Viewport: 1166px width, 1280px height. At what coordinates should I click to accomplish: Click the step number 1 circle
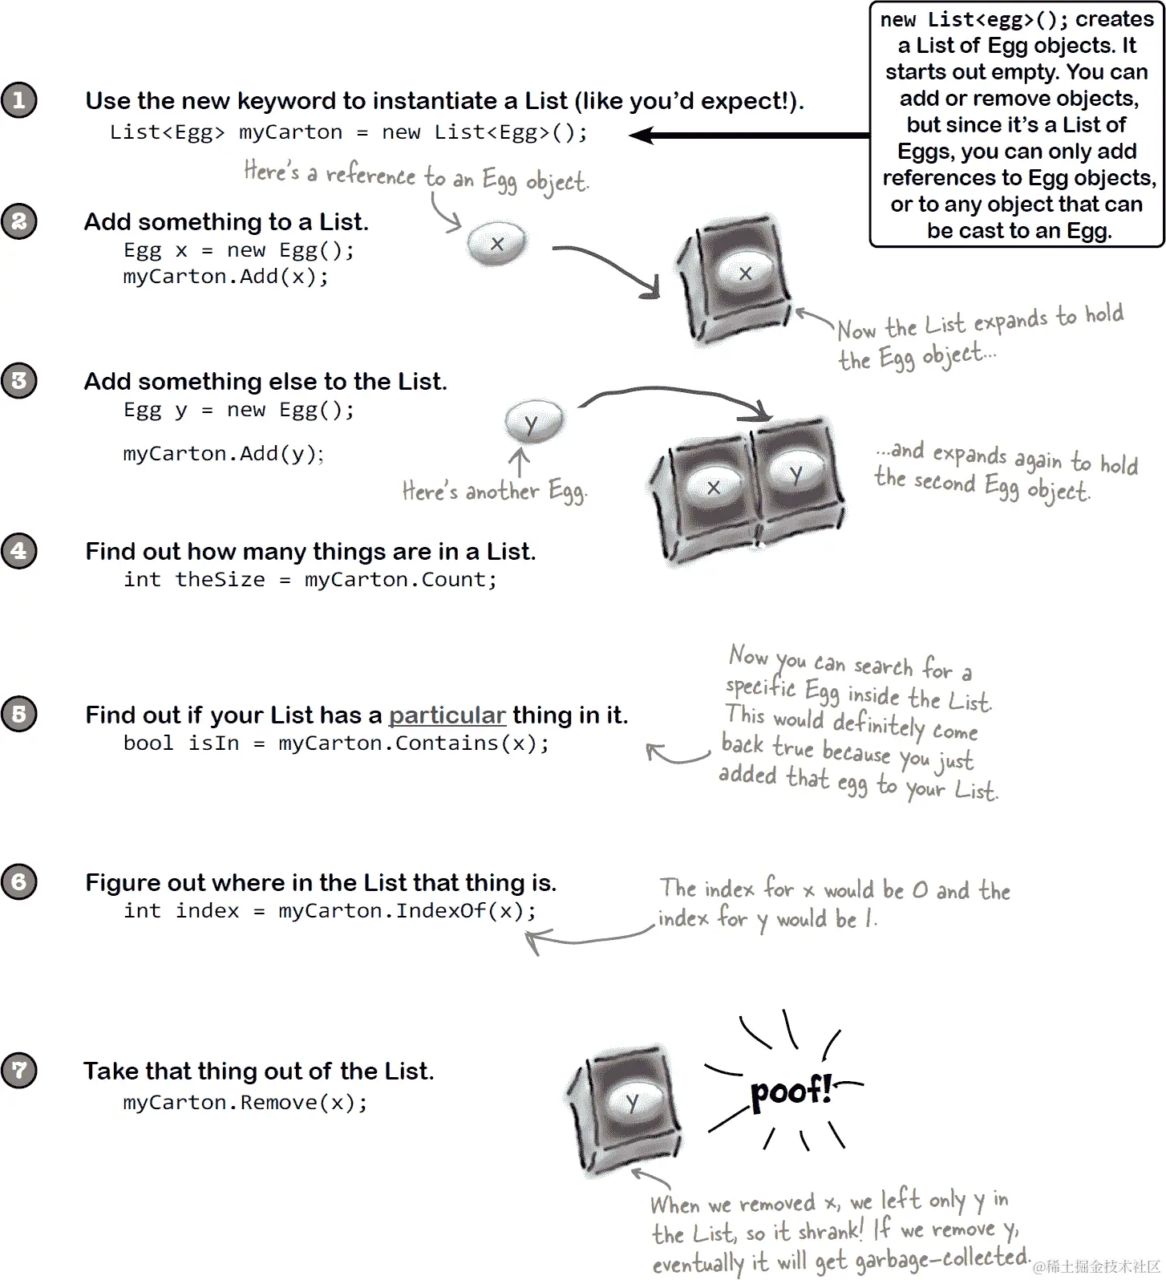click(x=19, y=100)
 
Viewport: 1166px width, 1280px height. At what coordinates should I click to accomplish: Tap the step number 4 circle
click(x=19, y=551)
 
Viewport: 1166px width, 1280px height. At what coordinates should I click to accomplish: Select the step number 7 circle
click(x=19, y=1071)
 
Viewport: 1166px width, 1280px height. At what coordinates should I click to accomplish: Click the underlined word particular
click(x=447, y=715)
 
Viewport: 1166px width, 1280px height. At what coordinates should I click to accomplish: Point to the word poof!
click(x=790, y=1092)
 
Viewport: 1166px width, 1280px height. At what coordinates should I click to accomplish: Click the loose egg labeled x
click(x=497, y=243)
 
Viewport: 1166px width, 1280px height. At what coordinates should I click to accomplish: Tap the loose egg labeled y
click(x=532, y=422)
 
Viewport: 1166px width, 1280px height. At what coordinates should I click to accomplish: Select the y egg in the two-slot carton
click(x=796, y=473)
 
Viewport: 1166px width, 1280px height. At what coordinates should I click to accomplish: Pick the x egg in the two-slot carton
click(x=713, y=486)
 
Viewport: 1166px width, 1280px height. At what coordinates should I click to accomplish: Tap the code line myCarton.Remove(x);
click(x=245, y=1103)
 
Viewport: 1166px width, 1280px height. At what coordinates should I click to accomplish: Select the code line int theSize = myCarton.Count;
click(x=310, y=580)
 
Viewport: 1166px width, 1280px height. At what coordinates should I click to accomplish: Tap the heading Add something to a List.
click(x=226, y=221)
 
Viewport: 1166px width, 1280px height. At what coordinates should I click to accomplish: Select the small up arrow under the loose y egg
click(x=520, y=462)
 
